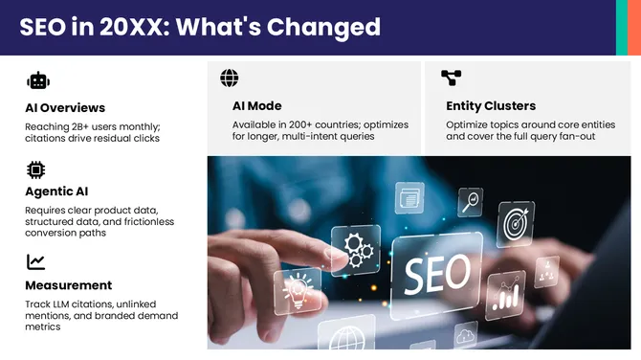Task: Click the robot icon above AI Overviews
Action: point(38,81)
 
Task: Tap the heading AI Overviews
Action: point(65,107)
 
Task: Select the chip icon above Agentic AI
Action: point(36,170)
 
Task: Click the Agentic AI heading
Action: point(56,191)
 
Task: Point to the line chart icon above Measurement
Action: point(36,261)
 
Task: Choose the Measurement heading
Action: point(69,285)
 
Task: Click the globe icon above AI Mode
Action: point(230,79)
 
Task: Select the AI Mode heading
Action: point(256,106)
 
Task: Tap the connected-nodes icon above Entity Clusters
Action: point(451,79)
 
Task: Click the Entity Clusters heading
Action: point(491,106)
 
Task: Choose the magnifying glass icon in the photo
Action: point(470,201)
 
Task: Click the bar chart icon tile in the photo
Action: point(504,294)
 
